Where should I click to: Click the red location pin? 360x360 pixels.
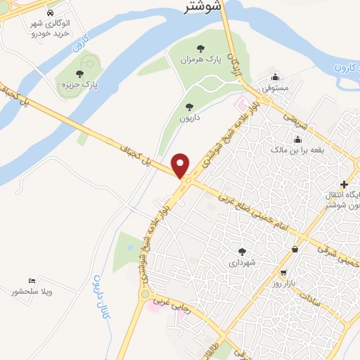coord(181,165)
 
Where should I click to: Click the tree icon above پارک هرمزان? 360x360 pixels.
coord(201,49)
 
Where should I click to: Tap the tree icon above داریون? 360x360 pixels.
coord(189,107)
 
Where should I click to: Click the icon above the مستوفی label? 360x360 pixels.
coord(276,77)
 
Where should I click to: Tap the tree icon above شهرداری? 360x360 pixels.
coord(243,251)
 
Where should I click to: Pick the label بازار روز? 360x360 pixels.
coord(282,283)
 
